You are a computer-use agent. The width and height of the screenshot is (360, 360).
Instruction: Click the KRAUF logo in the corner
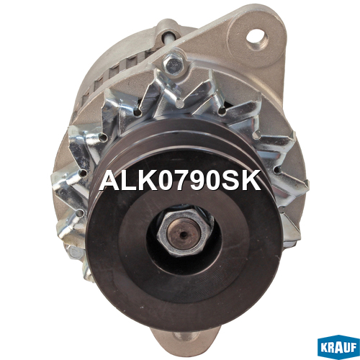click(338, 347)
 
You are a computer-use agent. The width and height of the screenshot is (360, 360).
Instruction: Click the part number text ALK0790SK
click(180, 180)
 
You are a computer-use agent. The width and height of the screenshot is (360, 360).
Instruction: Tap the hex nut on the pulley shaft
click(185, 233)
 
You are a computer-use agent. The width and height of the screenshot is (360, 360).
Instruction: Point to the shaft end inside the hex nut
click(184, 234)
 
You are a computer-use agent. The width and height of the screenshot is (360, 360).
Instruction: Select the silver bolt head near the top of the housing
click(174, 63)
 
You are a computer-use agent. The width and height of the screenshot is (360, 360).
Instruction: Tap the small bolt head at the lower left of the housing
click(75, 251)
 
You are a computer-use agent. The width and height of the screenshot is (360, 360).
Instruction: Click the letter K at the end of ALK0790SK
click(251, 180)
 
